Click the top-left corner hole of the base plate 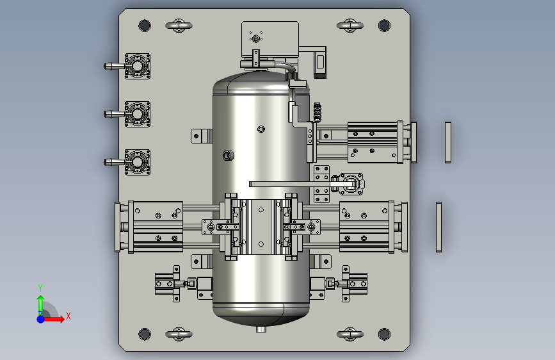pos(145,26)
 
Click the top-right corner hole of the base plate pos(384,26)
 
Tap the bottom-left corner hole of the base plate pos(145,334)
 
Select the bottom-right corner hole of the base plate pos(384,334)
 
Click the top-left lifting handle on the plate pos(179,26)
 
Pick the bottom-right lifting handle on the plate pos(350,334)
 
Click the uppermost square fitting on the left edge pos(138,66)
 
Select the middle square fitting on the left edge pos(138,114)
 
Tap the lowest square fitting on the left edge pos(138,162)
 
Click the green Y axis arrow pos(40,305)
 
